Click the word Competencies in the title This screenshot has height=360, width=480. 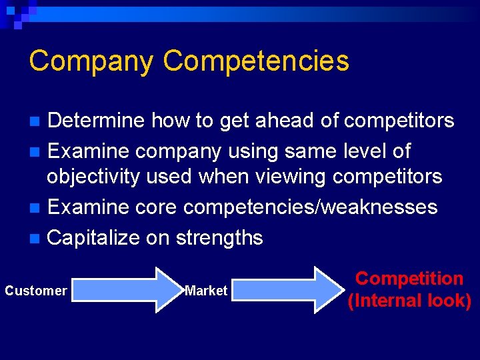(255, 61)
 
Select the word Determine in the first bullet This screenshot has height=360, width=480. (96, 121)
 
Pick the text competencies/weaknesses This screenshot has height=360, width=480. (310, 207)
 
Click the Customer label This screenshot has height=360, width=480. (36, 291)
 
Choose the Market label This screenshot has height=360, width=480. (206, 291)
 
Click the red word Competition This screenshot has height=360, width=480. (409, 279)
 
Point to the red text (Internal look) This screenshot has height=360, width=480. (409, 301)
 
